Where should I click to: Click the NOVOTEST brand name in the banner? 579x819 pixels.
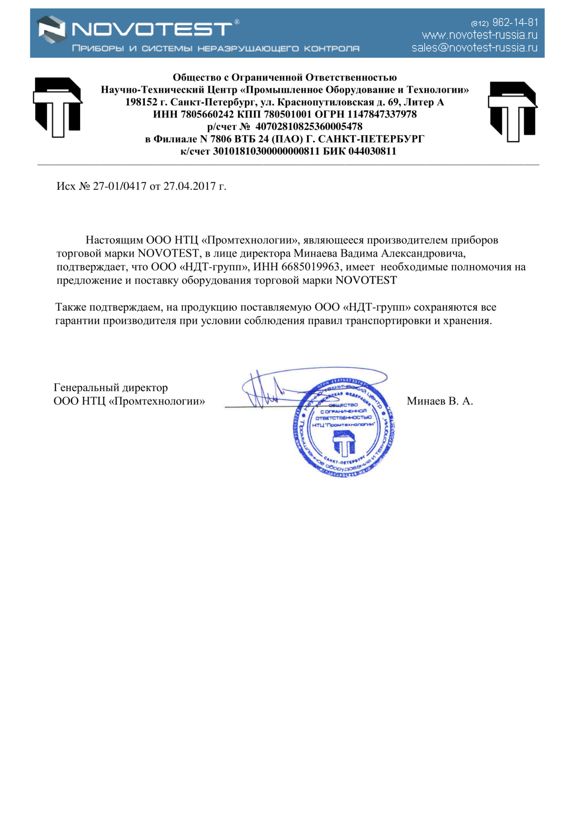tap(152, 29)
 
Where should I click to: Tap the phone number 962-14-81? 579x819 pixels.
tap(515, 22)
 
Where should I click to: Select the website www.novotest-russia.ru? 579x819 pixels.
tap(479, 35)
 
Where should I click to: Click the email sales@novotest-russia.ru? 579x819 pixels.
tap(474, 48)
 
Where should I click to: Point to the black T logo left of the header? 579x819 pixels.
tap(58, 107)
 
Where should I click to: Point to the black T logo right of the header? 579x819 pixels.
tap(512, 111)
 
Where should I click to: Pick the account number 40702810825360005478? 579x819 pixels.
tap(309, 127)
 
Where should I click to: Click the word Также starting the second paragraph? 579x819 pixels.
tap(71, 307)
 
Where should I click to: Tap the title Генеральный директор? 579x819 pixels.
tap(111, 388)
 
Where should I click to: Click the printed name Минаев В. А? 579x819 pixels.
tap(440, 401)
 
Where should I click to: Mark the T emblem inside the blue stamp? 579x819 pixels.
tap(344, 443)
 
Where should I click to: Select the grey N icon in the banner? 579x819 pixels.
tap(52, 29)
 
